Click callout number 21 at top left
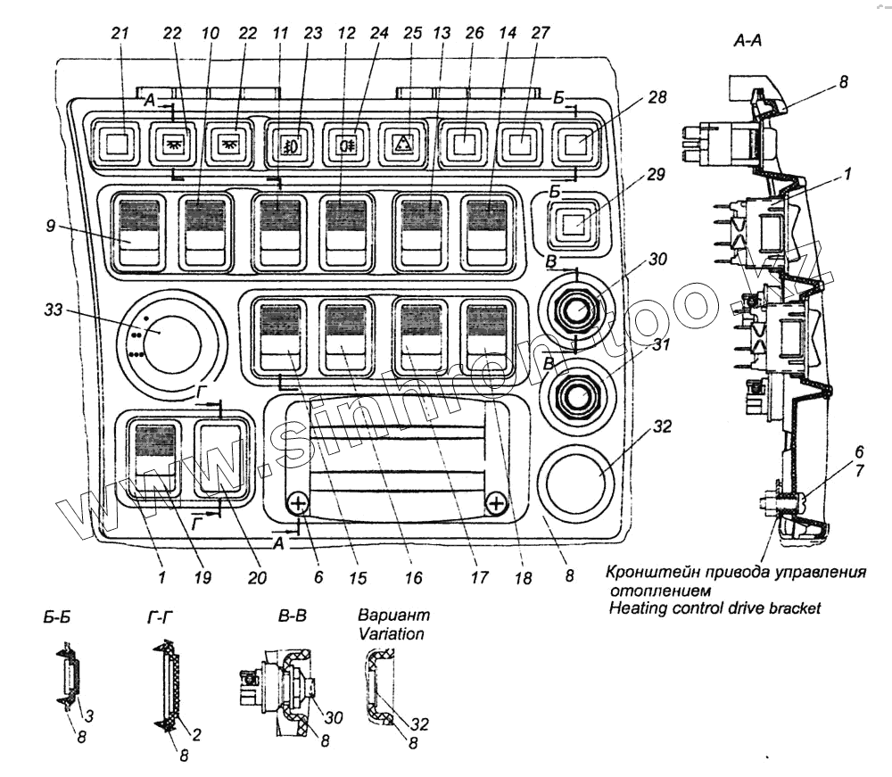tap(120, 33)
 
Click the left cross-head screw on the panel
tap(298, 506)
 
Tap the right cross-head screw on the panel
tap(497, 506)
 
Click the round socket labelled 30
tap(577, 311)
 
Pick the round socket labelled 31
tap(577, 393)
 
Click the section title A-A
tap(745, 40)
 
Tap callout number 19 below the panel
tap(202, 577)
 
